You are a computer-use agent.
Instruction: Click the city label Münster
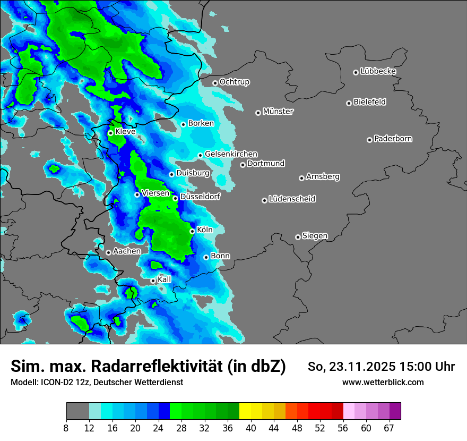[x=278, y=112]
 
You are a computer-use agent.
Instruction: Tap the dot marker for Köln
[x=192, y=231]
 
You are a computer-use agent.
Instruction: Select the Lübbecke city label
[x=378, y=71]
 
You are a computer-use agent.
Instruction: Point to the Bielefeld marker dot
[x=349, y=103]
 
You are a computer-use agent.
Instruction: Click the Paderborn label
[x=393, y=139]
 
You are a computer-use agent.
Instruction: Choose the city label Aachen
[x=127, y=251]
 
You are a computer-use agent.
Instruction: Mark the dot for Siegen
[x=298, y=237]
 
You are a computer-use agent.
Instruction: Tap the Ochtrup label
[x=234, y=82]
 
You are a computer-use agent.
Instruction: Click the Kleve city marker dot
[x=110, y=133]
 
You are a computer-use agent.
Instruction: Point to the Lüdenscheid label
[x=292, y=199]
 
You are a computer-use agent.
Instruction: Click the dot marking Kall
[x=153, y=281]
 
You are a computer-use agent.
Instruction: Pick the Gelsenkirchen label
[x=231, y=154]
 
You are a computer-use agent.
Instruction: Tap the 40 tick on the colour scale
[x=251, y=428]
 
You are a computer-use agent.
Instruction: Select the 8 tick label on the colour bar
[x=66, y=428]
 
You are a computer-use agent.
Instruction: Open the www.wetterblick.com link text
[x=383, y=382]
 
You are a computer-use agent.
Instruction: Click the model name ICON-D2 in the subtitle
[x=54, y=382]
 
